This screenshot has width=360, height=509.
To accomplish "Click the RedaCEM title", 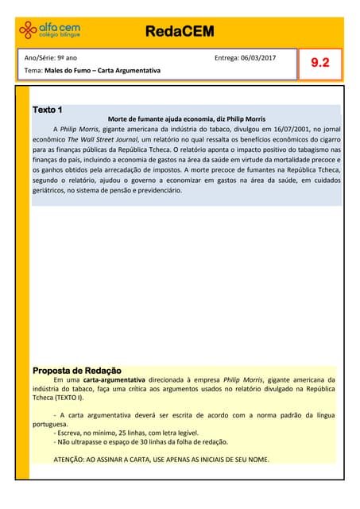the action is point(180,32).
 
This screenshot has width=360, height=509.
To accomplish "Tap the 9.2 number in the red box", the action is point(320,63).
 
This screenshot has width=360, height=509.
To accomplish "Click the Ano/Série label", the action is point(40,58).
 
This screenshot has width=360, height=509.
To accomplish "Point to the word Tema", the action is point(33,71).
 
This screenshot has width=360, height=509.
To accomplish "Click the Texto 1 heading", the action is point(48,109).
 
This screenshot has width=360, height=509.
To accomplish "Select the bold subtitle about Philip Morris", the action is point(181,119).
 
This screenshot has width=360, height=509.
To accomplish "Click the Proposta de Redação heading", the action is point(76,371).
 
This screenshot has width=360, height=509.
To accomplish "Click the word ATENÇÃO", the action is point(73,460).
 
